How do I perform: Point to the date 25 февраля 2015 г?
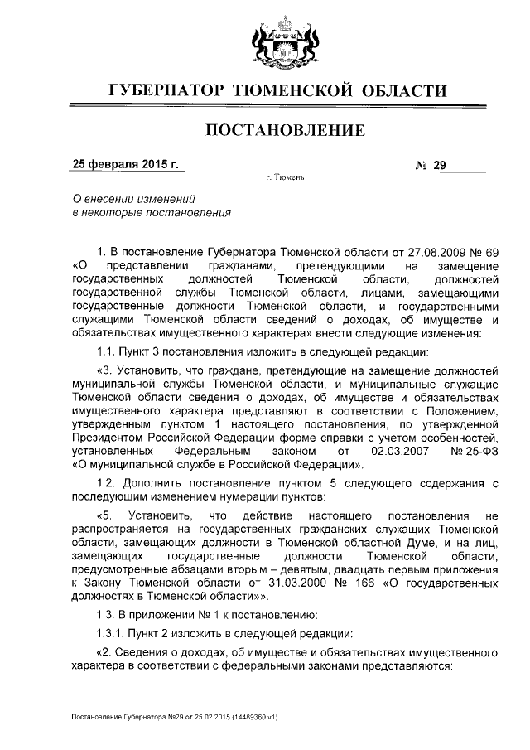point(126,164)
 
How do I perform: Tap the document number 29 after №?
point(439,165)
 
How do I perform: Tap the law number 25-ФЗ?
point(475,452)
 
